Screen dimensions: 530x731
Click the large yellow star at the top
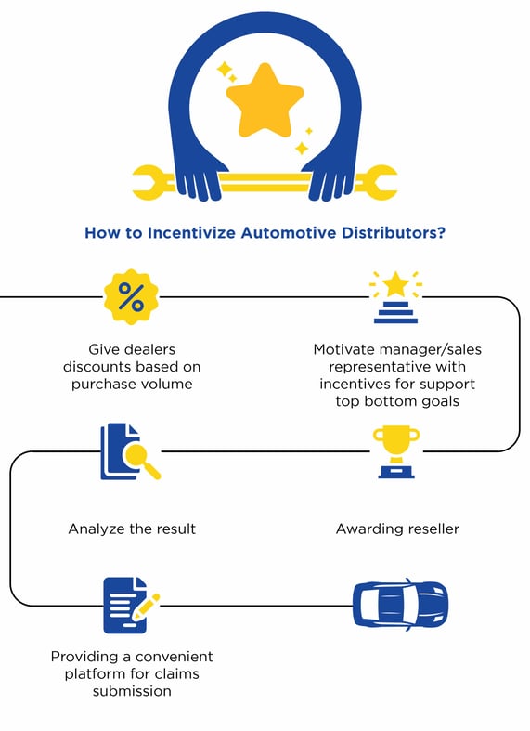[265, 101]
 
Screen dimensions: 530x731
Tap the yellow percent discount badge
[131, 297]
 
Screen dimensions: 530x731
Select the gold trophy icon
[396, 451]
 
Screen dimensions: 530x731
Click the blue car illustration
[401, 605]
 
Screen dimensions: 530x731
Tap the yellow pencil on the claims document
[146, 607]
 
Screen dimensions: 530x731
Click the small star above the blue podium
[395, 284]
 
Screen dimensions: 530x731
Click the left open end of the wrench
[145, 183]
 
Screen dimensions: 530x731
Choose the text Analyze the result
[132, 529]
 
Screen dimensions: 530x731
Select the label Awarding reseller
[397, 529]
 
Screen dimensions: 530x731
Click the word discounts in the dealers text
[97, 367]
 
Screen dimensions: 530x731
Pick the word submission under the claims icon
[132, 691]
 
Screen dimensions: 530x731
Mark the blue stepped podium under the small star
[395, 312]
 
